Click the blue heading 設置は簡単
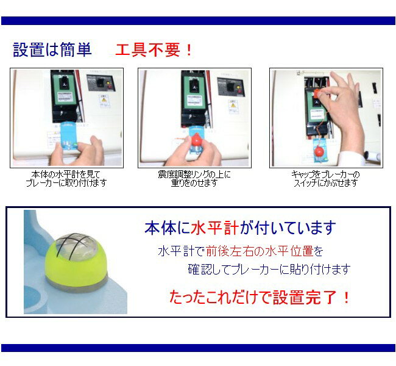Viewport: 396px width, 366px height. point(52,49)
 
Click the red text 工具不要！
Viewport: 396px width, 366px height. point(154,50)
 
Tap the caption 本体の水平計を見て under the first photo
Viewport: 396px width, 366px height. point(66,174)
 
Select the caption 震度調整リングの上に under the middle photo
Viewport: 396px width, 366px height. point(194,174)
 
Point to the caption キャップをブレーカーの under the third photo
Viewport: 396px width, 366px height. point(325,174)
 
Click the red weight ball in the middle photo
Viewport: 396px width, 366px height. point(196,140)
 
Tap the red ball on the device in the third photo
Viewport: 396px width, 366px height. point(319,151)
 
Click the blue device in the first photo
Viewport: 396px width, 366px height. point(68,137)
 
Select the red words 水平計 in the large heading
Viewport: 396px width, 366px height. point(215,228)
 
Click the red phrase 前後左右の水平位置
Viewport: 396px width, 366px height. point(260,251)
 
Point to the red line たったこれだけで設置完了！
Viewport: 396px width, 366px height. point(260,297)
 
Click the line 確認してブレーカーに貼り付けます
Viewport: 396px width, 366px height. point(269,270)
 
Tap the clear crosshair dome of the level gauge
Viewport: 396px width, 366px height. point(76,246)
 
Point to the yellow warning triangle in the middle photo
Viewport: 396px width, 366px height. point(233,104)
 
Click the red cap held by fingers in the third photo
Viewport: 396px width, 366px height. point(317,93)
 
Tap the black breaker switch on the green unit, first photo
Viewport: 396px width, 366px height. point(63,83)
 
